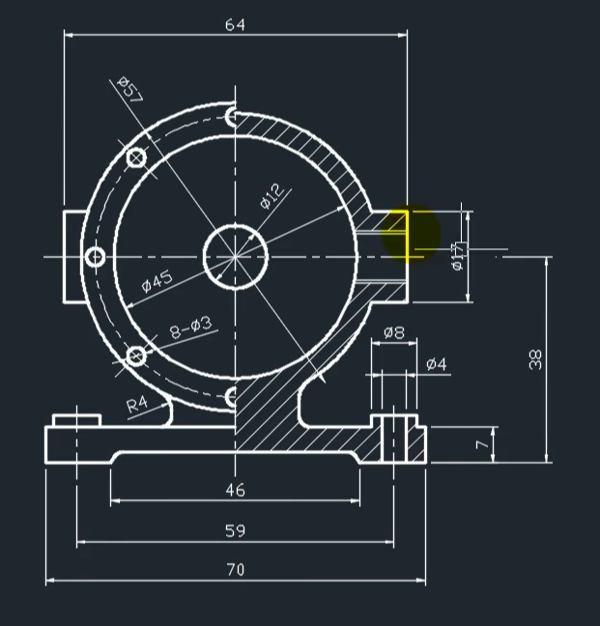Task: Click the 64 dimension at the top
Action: (x=235, y=25)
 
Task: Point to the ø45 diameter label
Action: (x=157, y=281)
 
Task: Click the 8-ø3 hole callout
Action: (x=190, y=328)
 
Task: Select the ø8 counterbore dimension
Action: (x=393, y=333)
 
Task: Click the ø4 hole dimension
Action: (x=436, y=364)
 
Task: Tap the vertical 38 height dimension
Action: (x=536, y=358)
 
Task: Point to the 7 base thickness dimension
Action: (x=481, y=445)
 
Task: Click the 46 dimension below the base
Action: (x=235, y=490)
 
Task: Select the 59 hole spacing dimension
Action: (x=235, y=530)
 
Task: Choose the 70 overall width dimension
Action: (x=235, y=570)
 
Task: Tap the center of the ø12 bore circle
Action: (x=235, y=257)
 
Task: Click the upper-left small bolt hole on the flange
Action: (x=136, y=157)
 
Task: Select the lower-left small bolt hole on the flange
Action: (x=136, y=356)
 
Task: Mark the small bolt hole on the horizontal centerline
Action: (x=96, y=257)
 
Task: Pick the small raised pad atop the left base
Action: (x=77, y=419)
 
